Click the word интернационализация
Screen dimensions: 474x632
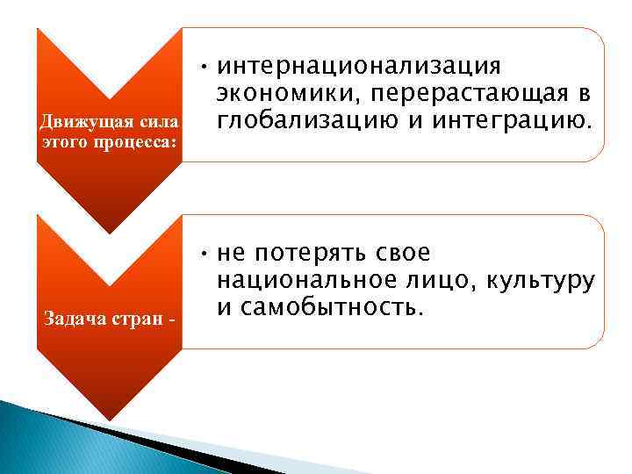pos(359,68)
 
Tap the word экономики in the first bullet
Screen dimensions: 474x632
pos(283,95)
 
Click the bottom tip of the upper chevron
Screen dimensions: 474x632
pos(109,232)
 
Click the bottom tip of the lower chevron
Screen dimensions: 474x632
pos(109,419)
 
